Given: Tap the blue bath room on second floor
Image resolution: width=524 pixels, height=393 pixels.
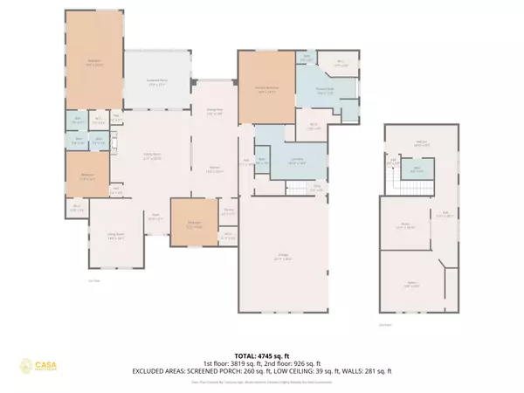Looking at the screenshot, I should point(417,169).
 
